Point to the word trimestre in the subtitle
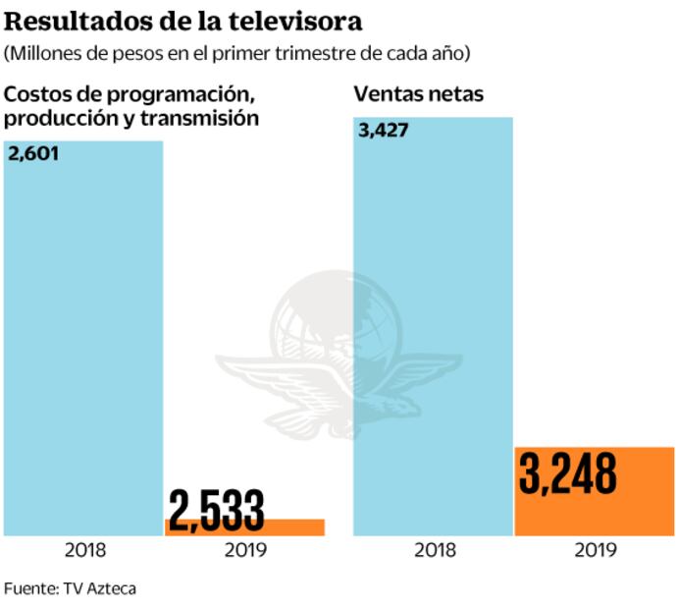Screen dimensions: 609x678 click(x=318, y=51)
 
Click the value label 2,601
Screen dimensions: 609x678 click(x=34, y=153)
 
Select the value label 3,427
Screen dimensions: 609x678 click(x=384, y=131)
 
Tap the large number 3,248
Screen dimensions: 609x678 click(x=569, y=474)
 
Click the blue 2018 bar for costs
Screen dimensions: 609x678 click(x=83, y=344)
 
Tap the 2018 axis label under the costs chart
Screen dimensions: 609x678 click(x=84, y=550)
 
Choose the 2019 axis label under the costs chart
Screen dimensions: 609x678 click(x=245, y=550)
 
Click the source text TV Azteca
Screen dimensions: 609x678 click(x=99, y=588)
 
